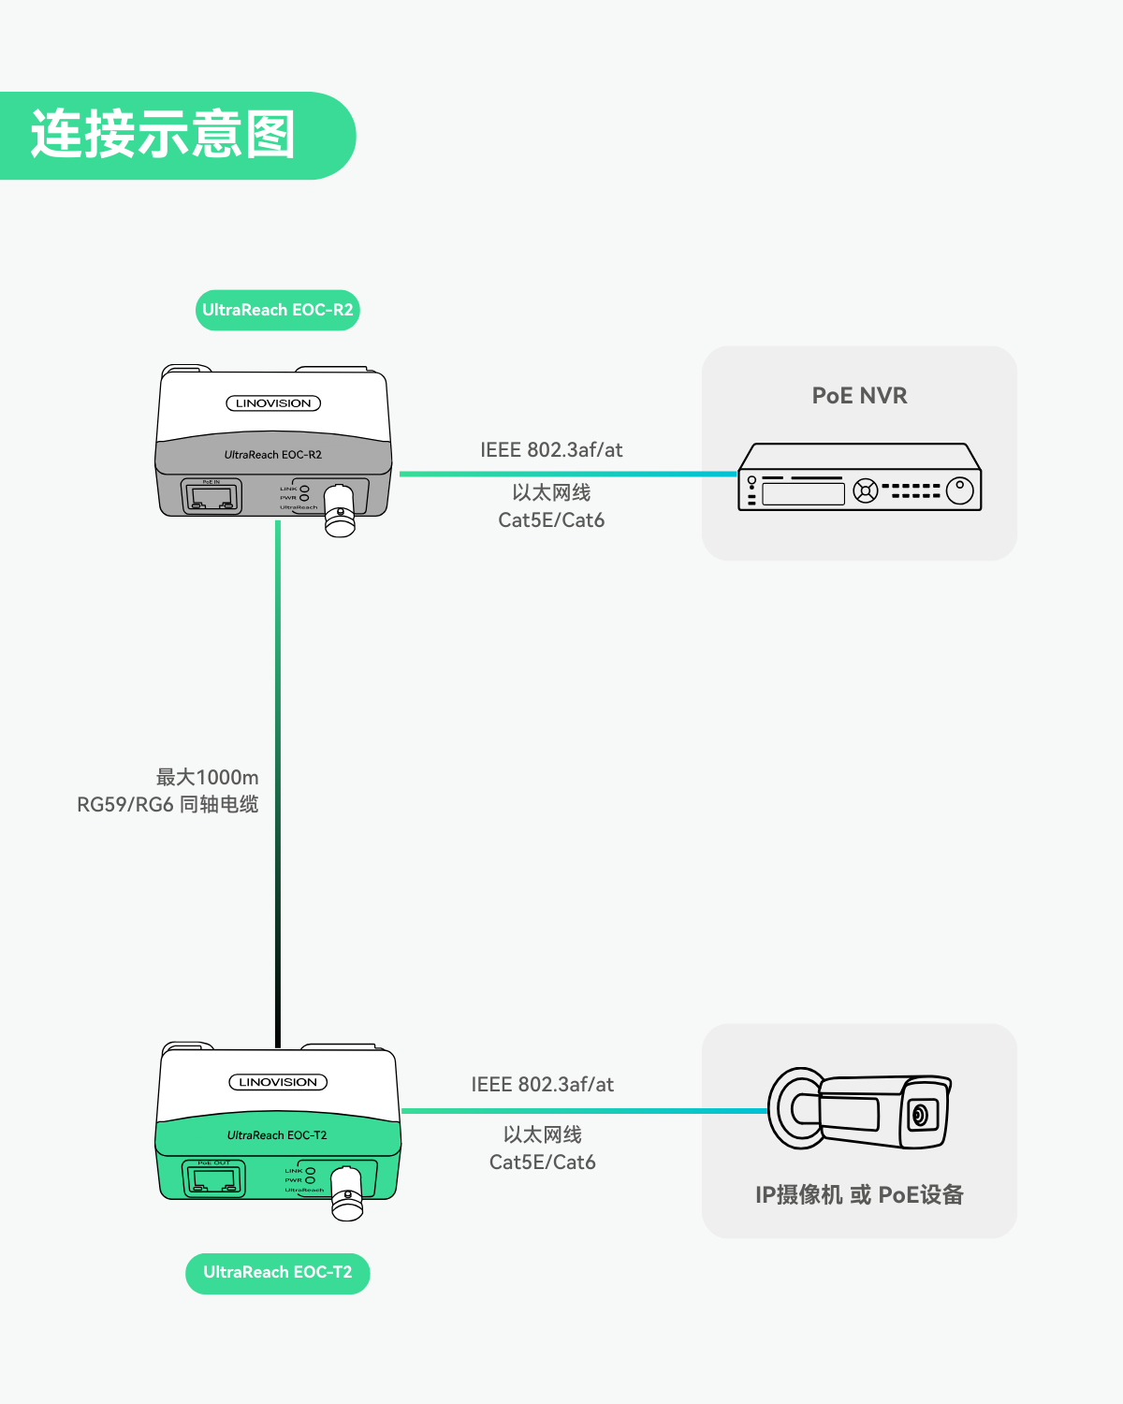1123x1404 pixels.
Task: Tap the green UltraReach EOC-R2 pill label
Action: click(277, 310)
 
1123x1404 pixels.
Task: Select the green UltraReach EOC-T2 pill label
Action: click(277, 1273)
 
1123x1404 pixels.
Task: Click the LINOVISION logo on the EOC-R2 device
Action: click(273, 403)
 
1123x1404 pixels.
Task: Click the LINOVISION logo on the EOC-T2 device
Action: click(278, 1082)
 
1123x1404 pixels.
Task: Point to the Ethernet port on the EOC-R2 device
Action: click(211, 496)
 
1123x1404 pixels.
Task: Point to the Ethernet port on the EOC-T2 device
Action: click(213, 1178)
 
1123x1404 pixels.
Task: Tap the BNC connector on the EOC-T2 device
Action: click(347, 1194)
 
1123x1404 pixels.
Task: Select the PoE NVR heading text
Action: click(859, 396)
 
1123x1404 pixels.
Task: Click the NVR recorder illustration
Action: click(859, 477)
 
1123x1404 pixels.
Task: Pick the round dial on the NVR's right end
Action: click(960, 490)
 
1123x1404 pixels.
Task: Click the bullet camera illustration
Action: click(858, 1110)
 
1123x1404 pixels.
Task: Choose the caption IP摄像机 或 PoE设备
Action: click(859, 1194)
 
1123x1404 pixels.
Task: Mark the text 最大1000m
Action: click(207, 777)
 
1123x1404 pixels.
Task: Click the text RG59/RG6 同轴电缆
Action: click(168, 804)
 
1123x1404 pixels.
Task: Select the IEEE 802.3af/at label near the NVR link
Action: click(551, 450)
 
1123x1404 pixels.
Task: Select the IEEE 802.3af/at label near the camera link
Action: click(542, 1085)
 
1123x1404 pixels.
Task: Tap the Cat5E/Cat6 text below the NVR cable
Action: click(551, 520)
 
